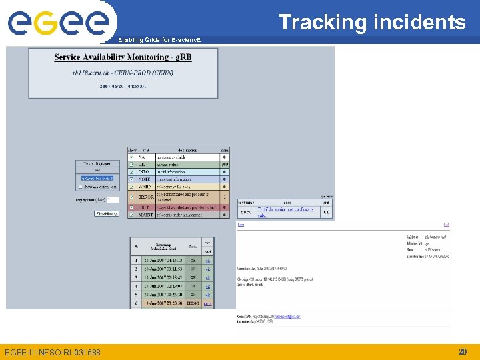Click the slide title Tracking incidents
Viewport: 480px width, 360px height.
point(372,22)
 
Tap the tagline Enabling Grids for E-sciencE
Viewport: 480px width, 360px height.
point(158,41)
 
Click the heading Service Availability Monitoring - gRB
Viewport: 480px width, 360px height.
point(123,57)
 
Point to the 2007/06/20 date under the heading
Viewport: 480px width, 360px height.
point(123,86)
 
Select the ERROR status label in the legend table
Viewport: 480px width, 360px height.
point(145,197)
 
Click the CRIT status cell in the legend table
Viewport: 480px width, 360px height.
point(145,207)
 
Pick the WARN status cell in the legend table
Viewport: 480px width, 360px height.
point(145,187)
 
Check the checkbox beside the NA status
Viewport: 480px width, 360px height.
point(131,157)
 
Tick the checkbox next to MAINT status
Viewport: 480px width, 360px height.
point(131,215)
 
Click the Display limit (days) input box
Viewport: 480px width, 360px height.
point(113,199)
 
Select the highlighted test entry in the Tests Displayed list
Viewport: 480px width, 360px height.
point(97,178)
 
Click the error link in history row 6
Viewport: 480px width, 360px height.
point(208,303)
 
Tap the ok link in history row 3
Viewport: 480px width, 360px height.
point(208,277)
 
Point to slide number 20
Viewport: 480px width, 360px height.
point(462,351)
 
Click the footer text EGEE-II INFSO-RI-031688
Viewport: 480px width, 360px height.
point(53,352)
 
